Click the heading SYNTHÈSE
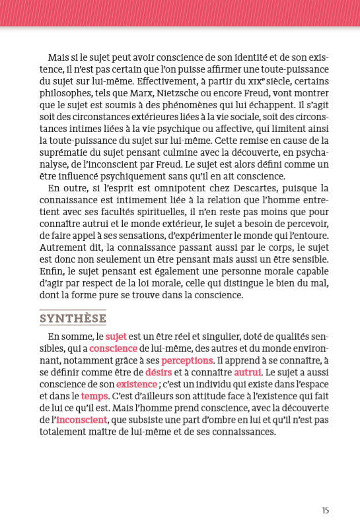73,318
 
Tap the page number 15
325,510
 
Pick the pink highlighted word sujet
116,337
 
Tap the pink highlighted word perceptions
188,360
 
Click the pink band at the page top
180,13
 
